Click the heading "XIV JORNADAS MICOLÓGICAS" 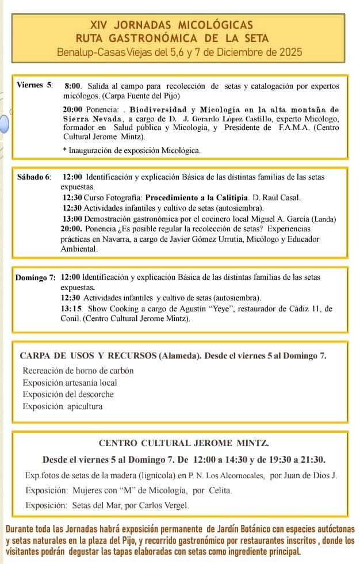(171, 25)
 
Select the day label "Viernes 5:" (35, 85)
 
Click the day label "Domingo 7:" (36, 277)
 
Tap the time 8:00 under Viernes (73, 85)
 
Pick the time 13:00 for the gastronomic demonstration (72, 219)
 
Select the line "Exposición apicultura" (63, 406)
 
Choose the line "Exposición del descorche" (68, 394)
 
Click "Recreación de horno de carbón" (78, 371)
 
